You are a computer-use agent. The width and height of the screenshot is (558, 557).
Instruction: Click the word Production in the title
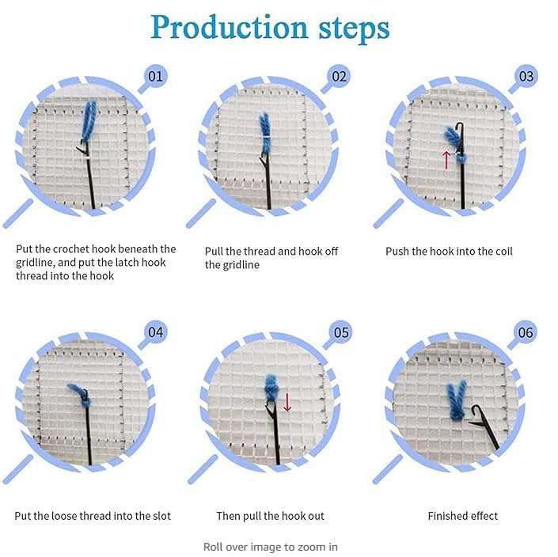(230, 28)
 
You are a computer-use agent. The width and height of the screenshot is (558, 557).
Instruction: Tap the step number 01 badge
(155, 76)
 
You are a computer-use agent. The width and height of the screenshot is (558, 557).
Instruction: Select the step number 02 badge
(339, 76)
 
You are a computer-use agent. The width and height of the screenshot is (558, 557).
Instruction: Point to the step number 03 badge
(526, 76)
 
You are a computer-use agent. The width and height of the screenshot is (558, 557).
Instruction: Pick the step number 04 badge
(155, 332)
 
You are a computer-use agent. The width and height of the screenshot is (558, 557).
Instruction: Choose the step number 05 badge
(340, 332)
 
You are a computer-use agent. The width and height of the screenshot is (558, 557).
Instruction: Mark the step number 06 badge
(526, 332)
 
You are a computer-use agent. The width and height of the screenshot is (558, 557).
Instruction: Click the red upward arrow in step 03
(446, 160)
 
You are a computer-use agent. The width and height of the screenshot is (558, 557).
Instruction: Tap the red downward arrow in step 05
(287, 402)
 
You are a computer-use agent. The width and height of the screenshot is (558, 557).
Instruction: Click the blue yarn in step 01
(89, 121)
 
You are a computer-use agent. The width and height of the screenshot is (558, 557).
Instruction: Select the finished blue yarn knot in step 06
(457, 400)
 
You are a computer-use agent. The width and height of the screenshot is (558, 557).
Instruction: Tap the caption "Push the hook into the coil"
(449, 252)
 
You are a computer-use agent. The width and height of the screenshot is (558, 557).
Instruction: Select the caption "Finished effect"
(463, 516)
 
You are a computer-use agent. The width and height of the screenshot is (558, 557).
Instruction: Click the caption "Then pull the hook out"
(271, 516)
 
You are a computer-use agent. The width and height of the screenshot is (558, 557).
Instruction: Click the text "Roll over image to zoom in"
(271, 547)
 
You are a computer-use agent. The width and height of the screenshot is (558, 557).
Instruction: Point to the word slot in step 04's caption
(162, 516)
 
